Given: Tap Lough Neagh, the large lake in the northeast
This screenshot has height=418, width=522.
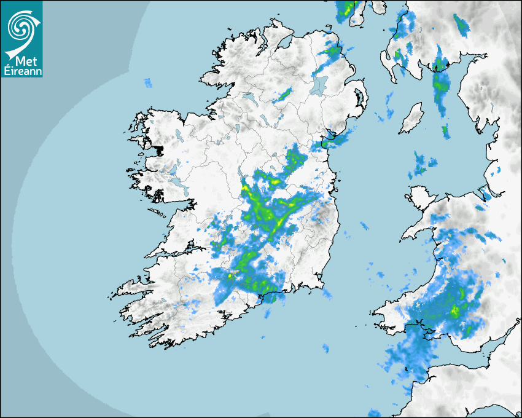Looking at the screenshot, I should [x=319, y=84].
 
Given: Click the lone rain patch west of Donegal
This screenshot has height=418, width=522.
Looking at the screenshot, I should [x=147, y=82].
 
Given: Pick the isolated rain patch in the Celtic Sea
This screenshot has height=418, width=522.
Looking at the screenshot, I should [x=325, y=348].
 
